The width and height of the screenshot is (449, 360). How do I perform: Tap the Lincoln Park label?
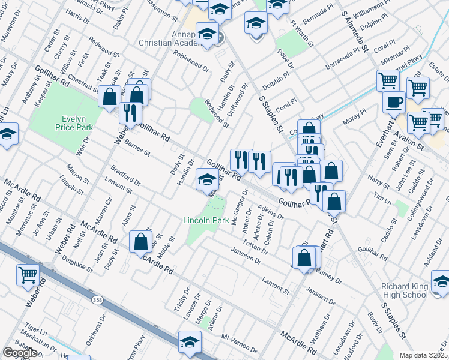206,221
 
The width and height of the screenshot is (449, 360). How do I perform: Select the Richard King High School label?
405,290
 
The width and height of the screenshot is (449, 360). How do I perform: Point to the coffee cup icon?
394,101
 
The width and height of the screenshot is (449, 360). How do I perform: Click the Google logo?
19,352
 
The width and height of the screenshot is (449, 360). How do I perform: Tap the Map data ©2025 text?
424,355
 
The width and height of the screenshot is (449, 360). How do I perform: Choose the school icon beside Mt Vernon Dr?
190,341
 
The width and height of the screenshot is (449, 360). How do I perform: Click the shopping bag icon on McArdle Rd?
141,241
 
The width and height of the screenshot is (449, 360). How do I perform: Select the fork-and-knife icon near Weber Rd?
130,113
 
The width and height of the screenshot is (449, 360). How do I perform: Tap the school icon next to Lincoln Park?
207,179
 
